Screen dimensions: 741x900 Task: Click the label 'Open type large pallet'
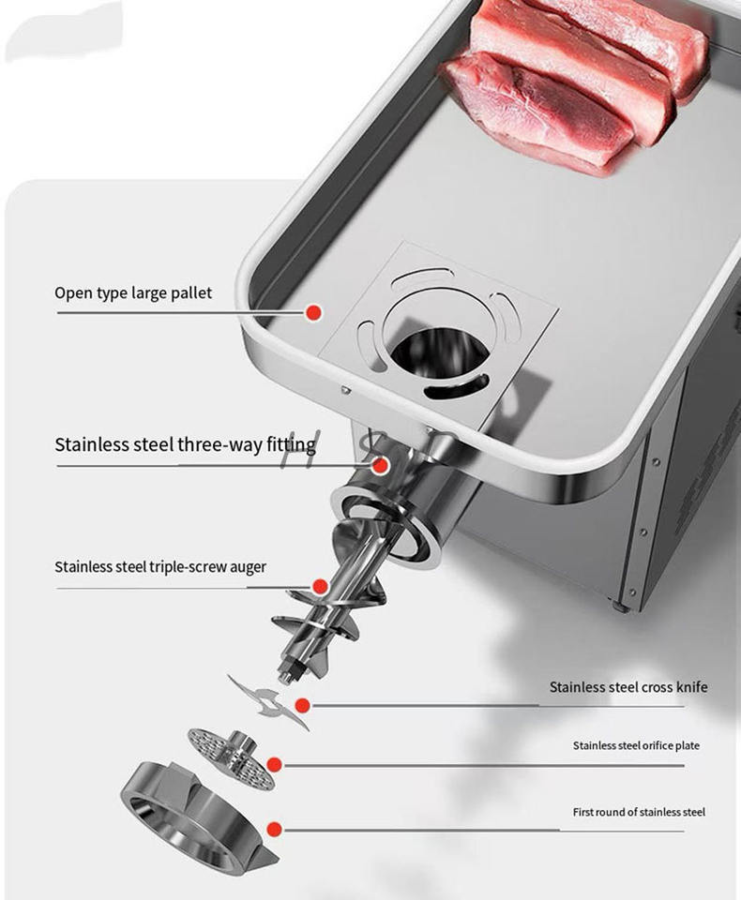(x=133, y=293)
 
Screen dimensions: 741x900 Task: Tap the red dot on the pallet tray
(x=313, y=313)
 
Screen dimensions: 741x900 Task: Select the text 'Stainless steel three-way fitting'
(x=185, y=444)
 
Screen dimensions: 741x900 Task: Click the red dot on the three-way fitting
(x=380, y=466)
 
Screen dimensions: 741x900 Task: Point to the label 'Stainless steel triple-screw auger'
(x=160, y=567)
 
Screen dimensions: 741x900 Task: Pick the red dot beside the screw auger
(x=321, y=587)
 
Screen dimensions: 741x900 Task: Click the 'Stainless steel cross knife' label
(x=628, y=687)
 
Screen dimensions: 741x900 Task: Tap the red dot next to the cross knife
(x=303, y=705)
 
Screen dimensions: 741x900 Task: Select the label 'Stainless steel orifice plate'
(x=636, y=745)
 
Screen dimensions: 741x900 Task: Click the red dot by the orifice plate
(x=275, y=765)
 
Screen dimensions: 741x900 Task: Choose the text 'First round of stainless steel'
(x=639, y=812)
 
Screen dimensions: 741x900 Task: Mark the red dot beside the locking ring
(x=275, y=829)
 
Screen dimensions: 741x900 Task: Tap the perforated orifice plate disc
(x=232, y=758)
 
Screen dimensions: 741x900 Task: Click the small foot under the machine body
(x=619, y=607)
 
